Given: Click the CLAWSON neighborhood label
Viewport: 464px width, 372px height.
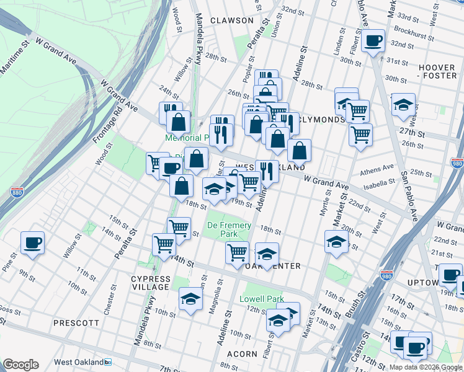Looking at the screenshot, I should coord(232,20).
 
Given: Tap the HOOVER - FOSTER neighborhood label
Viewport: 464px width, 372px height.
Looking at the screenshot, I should coord(437,71).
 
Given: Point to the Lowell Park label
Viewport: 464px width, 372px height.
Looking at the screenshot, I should coord(262,299).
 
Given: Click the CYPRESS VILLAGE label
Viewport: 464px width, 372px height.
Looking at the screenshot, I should coord(150,283).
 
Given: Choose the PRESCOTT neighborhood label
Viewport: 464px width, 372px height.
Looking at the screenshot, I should coord(76,323).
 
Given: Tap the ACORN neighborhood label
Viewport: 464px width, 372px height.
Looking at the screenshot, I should coord(242,354).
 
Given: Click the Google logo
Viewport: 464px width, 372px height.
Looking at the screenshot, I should coord(20,365).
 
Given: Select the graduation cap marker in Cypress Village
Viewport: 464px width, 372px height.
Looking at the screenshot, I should coord(190,299).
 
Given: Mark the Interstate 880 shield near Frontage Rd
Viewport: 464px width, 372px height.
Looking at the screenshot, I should coord(17,193).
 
